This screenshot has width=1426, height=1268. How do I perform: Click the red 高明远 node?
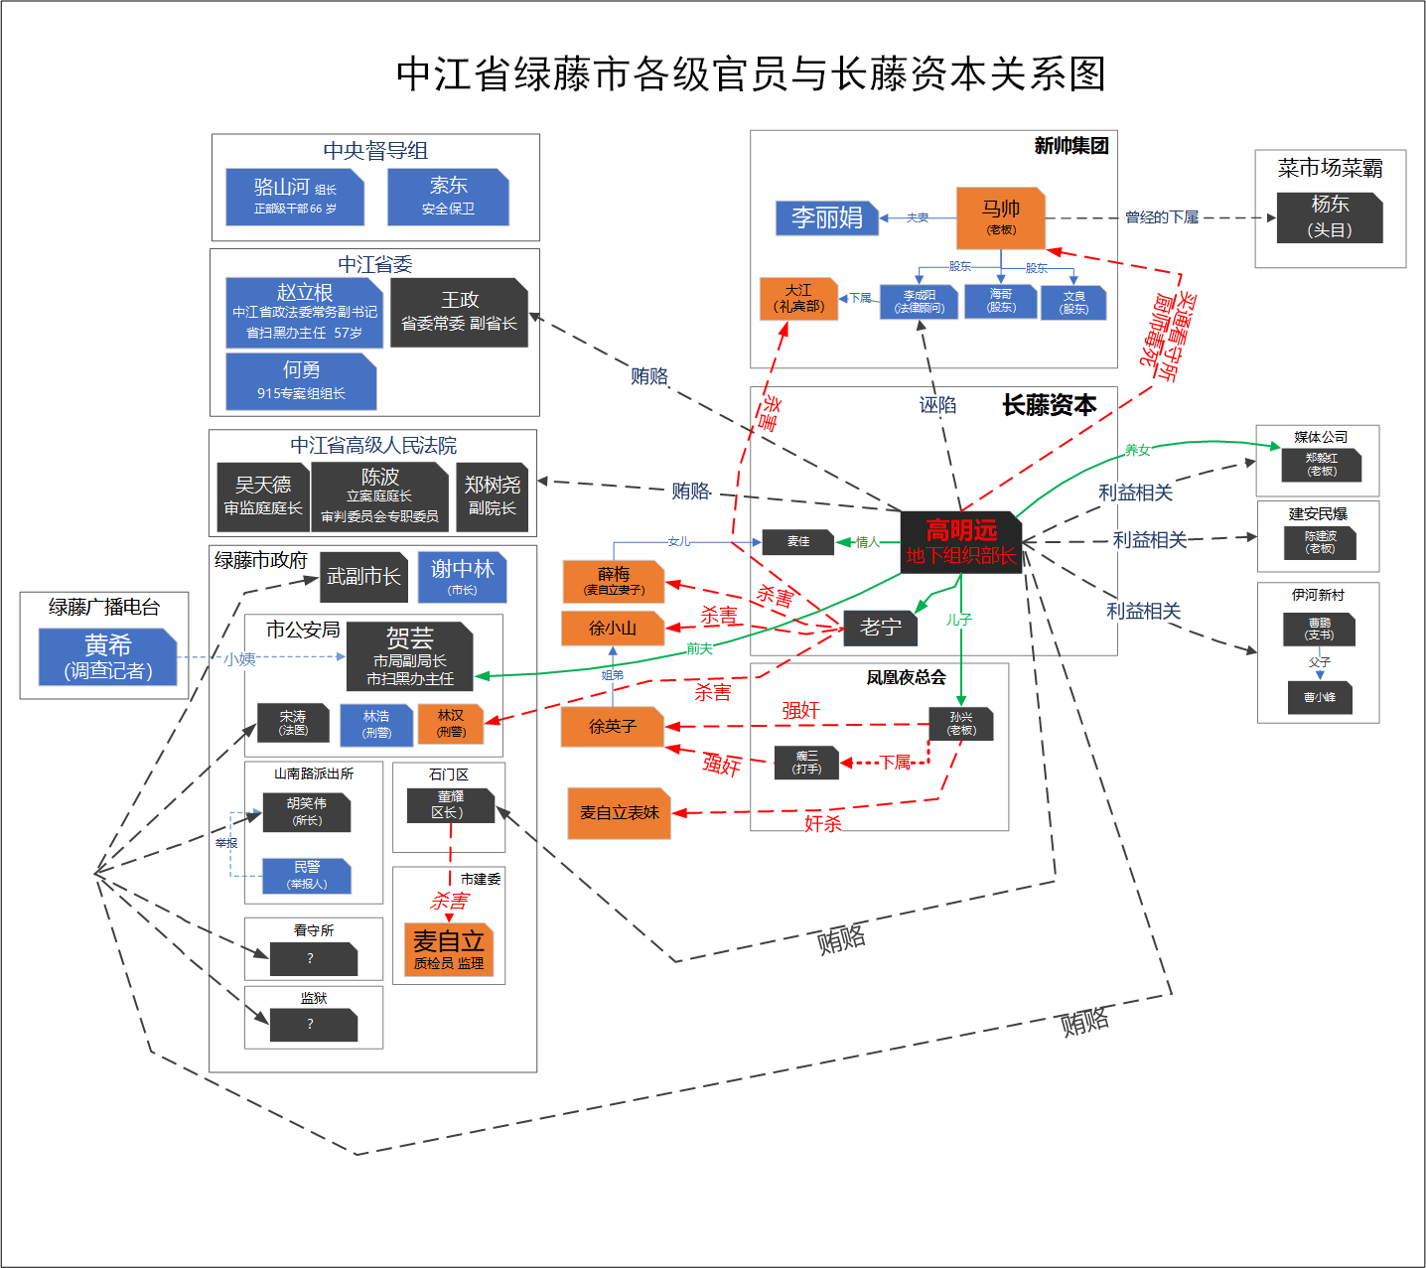tap(960, 542)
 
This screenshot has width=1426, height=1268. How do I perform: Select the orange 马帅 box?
tap(1001, 217)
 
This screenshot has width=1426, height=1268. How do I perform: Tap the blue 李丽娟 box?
tap(827, 217)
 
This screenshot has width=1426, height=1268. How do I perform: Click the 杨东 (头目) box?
tap(1330, 216)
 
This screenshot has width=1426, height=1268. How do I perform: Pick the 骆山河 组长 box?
tap(295, 196)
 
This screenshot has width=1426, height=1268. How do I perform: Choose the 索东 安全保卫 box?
tap(448, 196)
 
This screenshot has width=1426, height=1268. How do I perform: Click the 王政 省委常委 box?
tap(459, 312)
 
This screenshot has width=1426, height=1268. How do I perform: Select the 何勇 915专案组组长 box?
tap(301, 380)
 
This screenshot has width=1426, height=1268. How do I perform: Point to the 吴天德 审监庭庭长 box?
tap(263, 495)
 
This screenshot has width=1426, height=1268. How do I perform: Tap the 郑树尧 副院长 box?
tap(493, 495)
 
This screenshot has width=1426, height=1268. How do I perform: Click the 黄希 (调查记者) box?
tap(108, 657)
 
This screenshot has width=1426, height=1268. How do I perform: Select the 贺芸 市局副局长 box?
tap(410, 656)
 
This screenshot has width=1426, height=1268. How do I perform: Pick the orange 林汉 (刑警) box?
tap(451, 723)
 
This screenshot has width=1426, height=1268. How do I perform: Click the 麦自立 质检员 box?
tap(449, 949)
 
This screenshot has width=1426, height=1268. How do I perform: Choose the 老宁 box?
tap(881, 628)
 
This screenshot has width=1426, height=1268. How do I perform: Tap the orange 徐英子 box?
tap(613, 727)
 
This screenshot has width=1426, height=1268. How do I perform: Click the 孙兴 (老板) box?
tap(961, 723)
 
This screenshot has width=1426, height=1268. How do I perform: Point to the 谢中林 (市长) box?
tap(463, 577)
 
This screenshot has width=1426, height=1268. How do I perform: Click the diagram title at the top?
tap(751, 74)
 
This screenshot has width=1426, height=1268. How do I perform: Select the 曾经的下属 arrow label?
tap(1161, 217)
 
